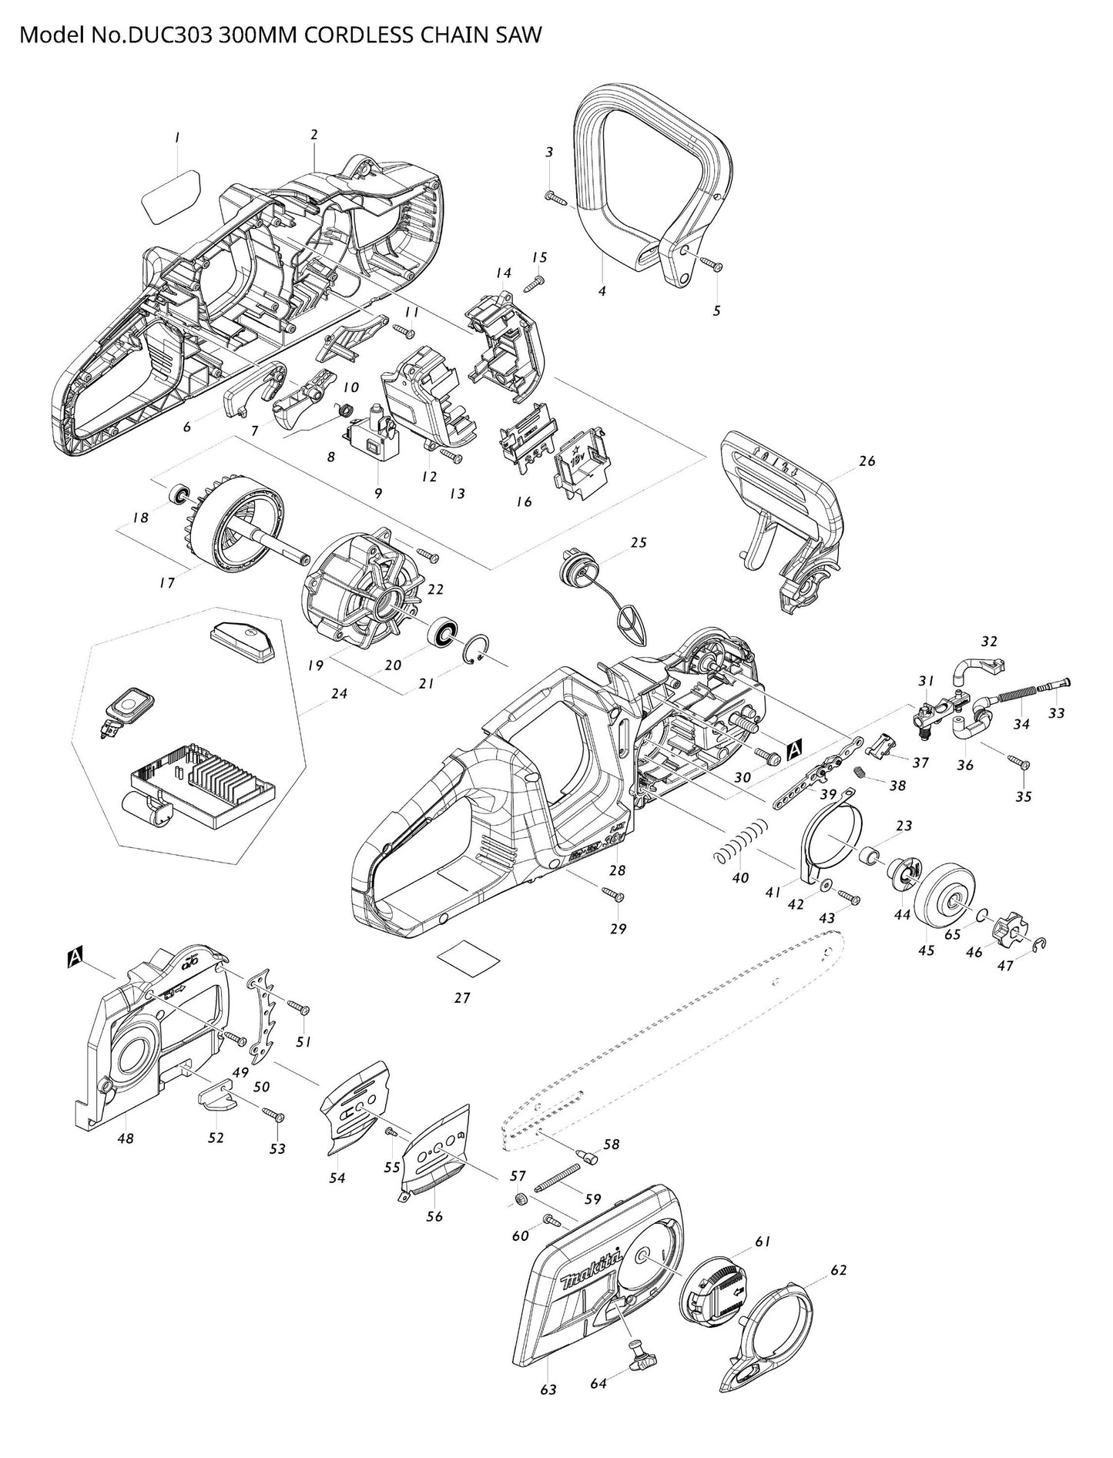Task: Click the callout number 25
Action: [638, 542]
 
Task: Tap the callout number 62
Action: [838, 1270]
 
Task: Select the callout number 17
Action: [167, 583]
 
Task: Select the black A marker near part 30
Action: [796, 746]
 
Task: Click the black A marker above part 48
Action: [75, 957]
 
